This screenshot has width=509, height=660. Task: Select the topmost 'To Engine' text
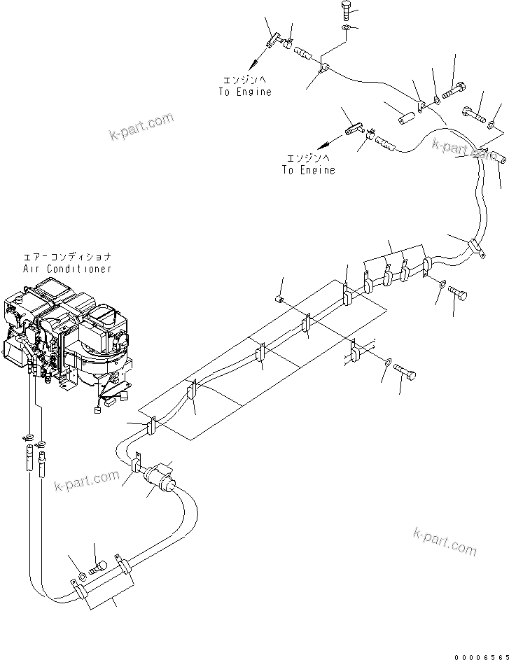pyautogui.click(x=245, y=92)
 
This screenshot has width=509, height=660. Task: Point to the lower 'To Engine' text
pyautogui.click(x=309, y=170)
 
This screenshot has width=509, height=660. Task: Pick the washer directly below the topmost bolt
pyautogui.click(x=348, y=27)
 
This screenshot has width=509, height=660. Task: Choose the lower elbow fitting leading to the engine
pyautogui.click(x=353, y=129)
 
